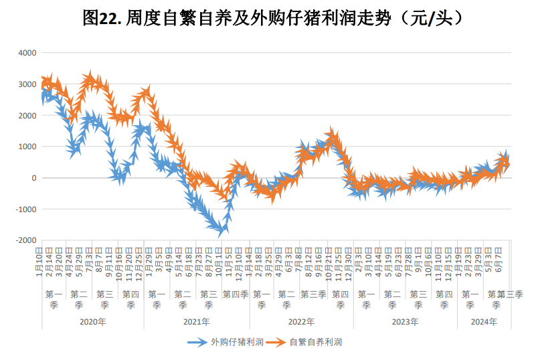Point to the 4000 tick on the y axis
[x=28, y=53]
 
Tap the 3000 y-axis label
[x=28, y=84]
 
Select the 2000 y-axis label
[x=28, y=116]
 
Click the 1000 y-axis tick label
[x=28, y=147]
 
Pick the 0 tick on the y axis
[x=34, y=178]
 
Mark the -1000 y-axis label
[x=27, y=209]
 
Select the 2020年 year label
[x=92, y=322]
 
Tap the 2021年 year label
[x=197, y=322]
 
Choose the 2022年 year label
[x=301, y=322]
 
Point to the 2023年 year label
[x=405, y=322]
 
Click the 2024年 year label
[x=483, y=322]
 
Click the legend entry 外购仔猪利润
[x=234, y=342]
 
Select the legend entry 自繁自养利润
[x=316, y=342]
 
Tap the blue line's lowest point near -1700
[x=221, y=231]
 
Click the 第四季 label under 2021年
[x=236, y=294]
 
